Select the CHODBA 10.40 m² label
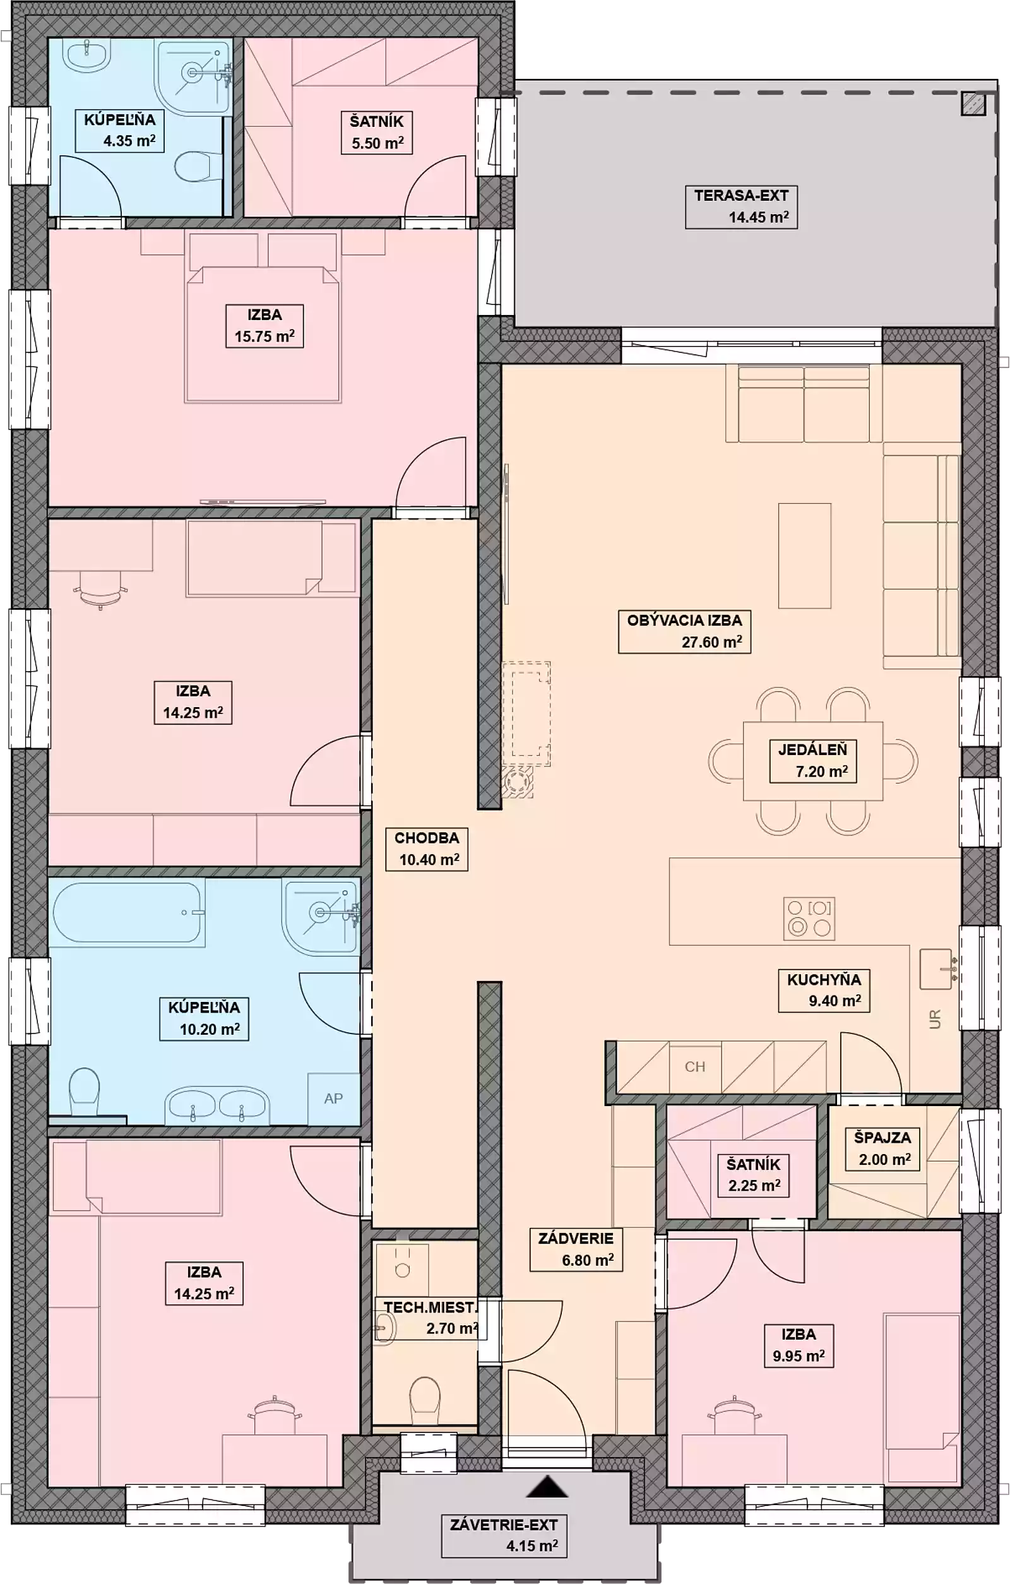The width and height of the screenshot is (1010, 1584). click(x=426, y=849)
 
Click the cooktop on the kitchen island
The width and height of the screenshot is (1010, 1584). click(x=809, y=919)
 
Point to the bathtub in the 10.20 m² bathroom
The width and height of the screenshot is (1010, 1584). click(x=126, y=914)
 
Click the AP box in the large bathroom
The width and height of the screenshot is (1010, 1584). click(x=333, y=1098)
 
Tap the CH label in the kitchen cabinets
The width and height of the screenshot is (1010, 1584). click(x=694, y=1066)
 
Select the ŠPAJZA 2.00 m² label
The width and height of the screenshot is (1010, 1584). click(x=882, y=1148)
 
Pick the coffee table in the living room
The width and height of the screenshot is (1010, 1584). click(x=805, y=556)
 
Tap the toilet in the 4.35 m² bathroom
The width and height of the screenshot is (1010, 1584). click(x=193, y=166)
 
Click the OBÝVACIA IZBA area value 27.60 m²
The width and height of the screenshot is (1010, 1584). click(x=712, y=642)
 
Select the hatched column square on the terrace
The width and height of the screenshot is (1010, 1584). click(x=974, y=104)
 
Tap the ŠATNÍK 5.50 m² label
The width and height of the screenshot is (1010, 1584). click(x=377, y=132)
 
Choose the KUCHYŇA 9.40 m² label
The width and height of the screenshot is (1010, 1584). click(x=824, y=990)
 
